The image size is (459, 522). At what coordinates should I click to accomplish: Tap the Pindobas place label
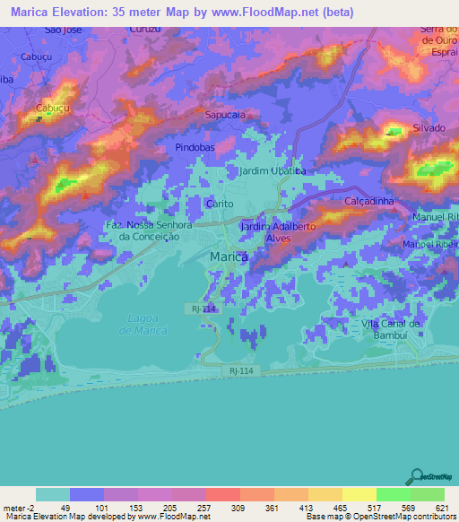pos(194,145)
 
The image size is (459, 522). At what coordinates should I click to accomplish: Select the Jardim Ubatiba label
pos(273,170)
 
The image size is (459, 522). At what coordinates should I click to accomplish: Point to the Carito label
pos(220,204)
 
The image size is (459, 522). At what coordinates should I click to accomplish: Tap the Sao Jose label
pos(64,30)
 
